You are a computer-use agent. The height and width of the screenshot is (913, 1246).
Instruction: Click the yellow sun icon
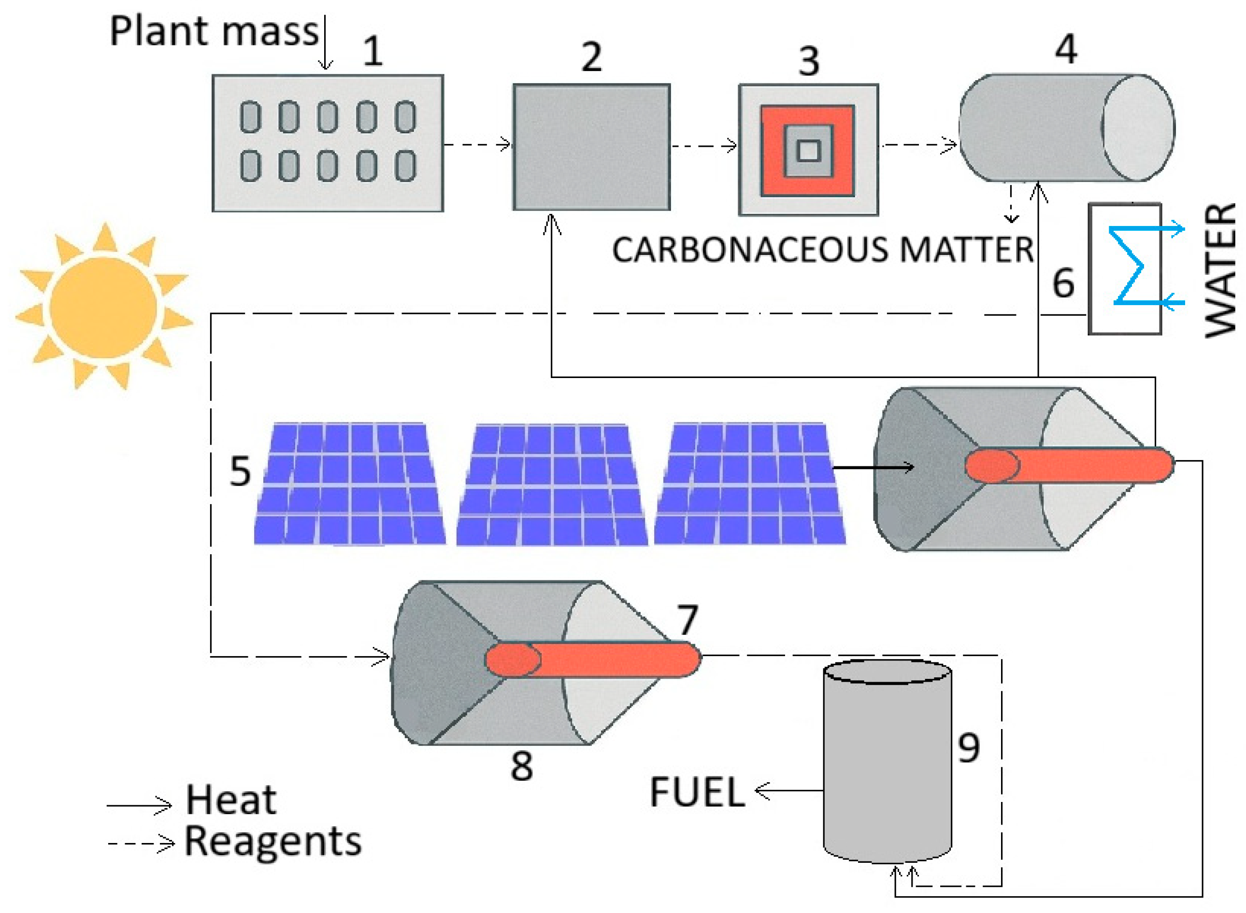point(103,307)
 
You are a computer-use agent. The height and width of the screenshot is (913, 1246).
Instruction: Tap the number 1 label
point(373,51)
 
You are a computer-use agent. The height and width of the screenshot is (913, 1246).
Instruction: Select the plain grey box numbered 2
point(591,147)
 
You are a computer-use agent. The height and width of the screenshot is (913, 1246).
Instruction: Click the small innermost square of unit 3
point(809,150)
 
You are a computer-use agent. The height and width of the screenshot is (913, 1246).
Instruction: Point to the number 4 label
point(1066,49)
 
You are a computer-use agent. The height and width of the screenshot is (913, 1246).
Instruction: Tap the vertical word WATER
point(1220,270)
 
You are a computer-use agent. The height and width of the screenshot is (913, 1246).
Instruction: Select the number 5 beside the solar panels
point(240,471)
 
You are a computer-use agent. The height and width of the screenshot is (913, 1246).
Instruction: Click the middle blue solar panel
point(551,484)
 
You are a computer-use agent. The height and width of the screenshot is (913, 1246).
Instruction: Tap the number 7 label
point(687,619)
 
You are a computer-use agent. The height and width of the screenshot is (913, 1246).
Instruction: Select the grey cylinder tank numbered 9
point(887,763)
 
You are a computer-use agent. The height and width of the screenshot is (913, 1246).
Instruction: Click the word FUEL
point(697,792)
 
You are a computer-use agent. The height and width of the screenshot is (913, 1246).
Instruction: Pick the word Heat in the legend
point(230,800)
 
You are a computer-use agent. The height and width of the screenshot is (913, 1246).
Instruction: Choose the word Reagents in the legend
point(272,842)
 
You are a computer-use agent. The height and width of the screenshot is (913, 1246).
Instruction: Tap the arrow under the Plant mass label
point(325,44)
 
